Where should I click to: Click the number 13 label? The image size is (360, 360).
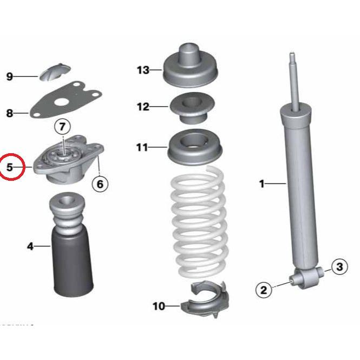142,70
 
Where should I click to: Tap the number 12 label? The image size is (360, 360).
142,107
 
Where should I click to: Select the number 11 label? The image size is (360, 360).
142,147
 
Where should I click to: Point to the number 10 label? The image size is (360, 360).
158,306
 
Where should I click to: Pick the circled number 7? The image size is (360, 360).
62,127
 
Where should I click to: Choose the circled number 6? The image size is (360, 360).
99,184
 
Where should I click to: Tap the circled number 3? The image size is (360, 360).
339,266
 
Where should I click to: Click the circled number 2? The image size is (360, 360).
264,290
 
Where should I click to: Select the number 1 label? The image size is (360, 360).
261,184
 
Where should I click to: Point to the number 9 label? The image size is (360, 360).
10,76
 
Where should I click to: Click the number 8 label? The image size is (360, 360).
10,113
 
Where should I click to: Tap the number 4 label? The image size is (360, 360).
30,247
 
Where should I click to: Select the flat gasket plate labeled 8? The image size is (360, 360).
65,100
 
